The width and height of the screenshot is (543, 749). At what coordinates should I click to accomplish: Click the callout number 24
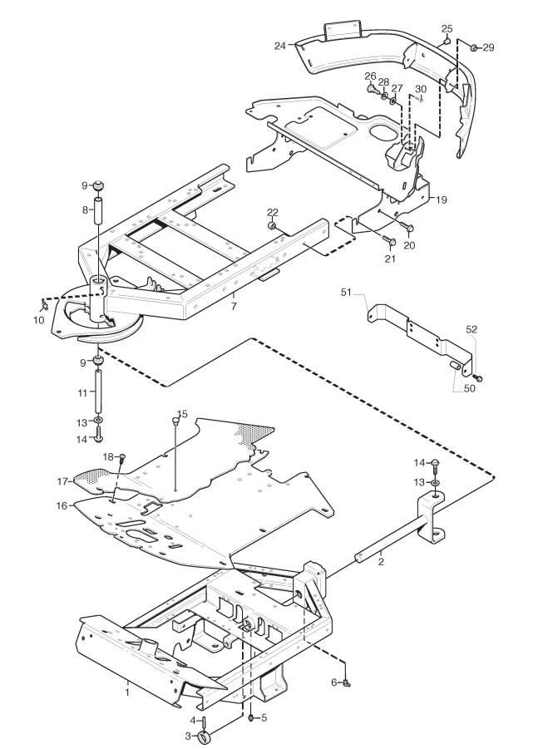[280, 46]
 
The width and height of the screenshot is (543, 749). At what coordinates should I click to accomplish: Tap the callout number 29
[488, 47]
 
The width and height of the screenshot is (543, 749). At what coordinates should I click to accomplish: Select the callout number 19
[442, 200]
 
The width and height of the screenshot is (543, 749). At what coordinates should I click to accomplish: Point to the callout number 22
[273, 212]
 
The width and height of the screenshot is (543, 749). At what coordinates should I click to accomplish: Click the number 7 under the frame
[234, 306]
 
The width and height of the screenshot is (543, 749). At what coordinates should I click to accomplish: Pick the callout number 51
[346, 293]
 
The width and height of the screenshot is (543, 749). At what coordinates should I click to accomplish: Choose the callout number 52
[471, 329]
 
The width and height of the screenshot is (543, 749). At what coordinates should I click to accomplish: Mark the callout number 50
[470, 388]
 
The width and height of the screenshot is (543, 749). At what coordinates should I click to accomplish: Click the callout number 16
[62, 505]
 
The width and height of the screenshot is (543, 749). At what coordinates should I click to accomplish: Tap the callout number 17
[62, 481]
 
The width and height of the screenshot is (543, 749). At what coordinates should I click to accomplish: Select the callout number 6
[334, 682]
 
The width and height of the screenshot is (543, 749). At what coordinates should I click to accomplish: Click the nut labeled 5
[250, 717]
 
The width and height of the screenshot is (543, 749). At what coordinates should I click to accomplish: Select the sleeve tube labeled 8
[97, 209]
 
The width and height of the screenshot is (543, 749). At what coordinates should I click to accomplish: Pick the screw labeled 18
[121, 460]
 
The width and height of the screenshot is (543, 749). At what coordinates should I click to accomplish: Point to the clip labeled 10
[44, 303]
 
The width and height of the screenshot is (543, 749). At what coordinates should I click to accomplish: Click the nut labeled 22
[271, 225]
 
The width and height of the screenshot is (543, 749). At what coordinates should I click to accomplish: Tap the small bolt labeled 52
[479, 378]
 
